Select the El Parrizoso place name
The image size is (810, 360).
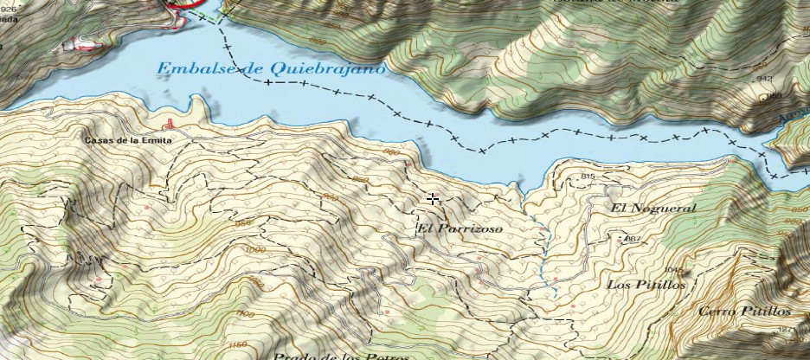459,228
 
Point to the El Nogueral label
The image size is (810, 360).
652,209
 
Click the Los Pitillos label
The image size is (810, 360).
646,284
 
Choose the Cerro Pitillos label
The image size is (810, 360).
745,311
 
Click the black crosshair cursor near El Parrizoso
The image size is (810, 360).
433,199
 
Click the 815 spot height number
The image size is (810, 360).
589,177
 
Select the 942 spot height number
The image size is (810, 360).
764,79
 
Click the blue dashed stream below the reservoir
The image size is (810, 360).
544,251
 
